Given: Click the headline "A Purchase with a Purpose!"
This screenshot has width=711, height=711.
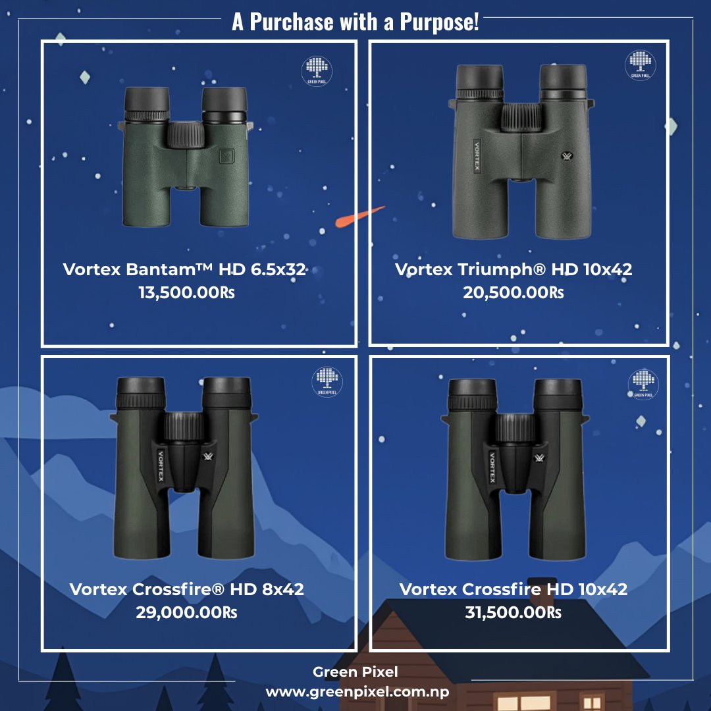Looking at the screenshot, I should pyautogui.click(x=355, y=22).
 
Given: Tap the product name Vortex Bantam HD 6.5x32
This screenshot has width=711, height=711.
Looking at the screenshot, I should pyautogui.click(x=185, y=269).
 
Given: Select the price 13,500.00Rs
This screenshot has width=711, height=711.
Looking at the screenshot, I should pyautogui.click(x=186, y=292).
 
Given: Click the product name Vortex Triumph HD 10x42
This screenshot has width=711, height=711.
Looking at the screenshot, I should pyautogui.click(x=513, y=269).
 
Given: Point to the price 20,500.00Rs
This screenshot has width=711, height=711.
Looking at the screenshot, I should pyautogui.click(x=513, y=292).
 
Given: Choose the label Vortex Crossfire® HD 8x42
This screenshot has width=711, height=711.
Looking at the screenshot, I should pyautogui.click(x=186, y=589).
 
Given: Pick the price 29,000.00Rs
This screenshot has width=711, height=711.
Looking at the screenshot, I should pyautogui.click(x=186, y=612).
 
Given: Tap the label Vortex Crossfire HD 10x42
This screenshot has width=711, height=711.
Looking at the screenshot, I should pyautogui.click(x=513, y=589).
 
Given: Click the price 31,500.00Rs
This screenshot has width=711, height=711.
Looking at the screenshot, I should pyautogui.click(x=513, y=612).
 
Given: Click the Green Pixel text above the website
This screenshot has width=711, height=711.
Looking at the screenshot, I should pyautogui.click(x=355, y=672).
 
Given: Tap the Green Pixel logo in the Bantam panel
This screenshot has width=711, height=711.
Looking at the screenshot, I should pyautogui.click(x=317, y=70).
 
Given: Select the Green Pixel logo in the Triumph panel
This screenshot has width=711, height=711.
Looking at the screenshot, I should pyautogui.click(x=640, y=65).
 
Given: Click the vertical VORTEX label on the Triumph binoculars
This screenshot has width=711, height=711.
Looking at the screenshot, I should pyautogui.click(x=477, y=155).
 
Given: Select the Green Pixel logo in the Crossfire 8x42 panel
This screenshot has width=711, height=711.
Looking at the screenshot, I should pyautogui.click(x=326, y=382).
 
